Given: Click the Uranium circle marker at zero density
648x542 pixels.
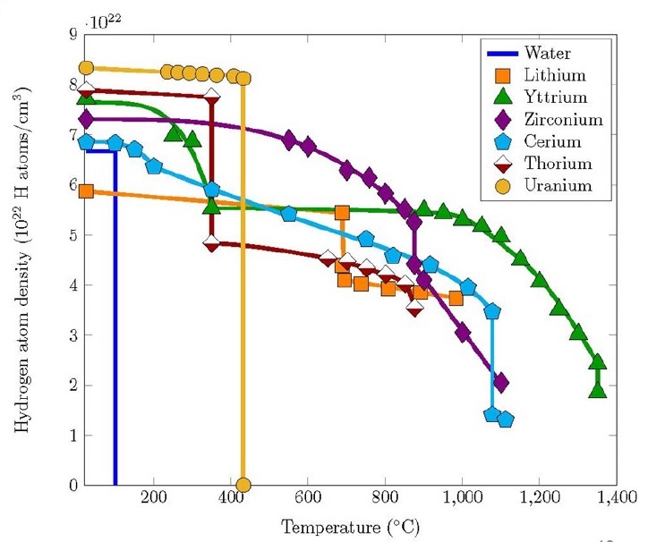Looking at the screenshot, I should [x=243, y=486].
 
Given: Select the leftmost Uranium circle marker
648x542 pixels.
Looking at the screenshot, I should [x=87, y=68].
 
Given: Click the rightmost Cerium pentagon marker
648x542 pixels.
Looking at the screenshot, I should [x=505, y=419].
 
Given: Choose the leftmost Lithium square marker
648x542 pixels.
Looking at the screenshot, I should [x=87, y=191].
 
